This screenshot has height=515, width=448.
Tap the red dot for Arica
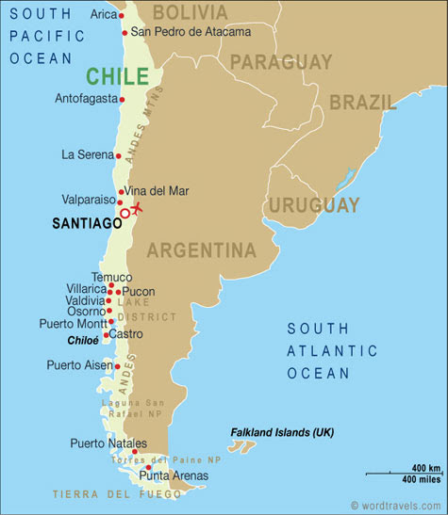[122, 16]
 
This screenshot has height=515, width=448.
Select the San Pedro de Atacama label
[191, 32]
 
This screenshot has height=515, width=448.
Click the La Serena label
[87, 154]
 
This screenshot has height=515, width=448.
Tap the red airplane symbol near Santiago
[138, 207]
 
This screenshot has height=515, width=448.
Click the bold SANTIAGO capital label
[85, 223]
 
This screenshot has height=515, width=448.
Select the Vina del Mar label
[157, 191]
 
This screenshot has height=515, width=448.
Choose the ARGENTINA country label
[201, 250]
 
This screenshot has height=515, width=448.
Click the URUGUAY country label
[314, 204]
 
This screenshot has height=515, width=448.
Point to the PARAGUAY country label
[281, 62]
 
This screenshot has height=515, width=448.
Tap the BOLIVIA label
[190, 12]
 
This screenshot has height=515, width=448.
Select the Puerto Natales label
[108, 443]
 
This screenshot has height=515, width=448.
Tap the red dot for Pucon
[118, 292]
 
